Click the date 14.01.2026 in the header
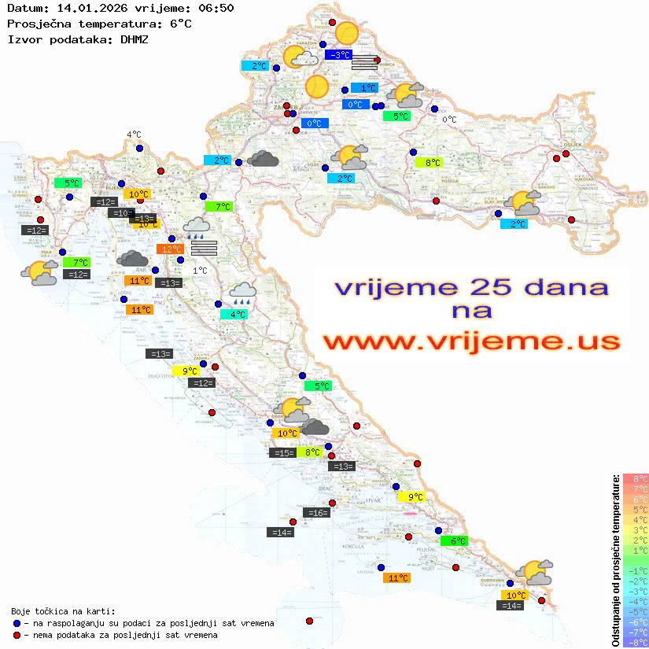[x=83, y=8]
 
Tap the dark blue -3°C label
[x=339, y=55]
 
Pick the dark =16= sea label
[x=316, y=513]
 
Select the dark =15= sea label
[x=282, y=452]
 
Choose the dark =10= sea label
[x=121, y=213]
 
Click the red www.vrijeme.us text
[x=471, y=342]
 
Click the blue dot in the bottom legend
[x=17, y=623]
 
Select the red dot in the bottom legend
[x=17, y=635]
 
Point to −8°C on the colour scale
[x=635, y=643]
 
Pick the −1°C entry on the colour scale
[x=635, y=571]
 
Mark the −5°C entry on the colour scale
[x=635, y=612]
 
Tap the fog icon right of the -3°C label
[x=365, y=62]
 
